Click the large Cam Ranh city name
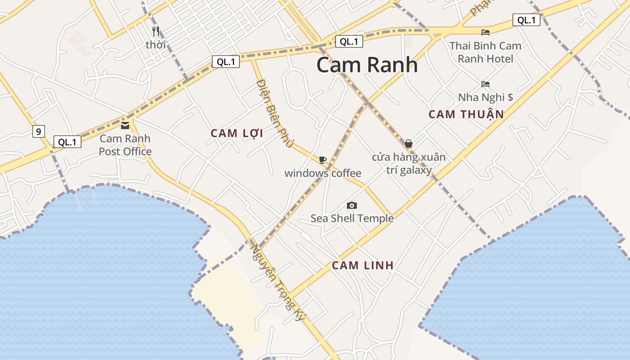point(367,65)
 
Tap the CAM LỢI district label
point(237,133)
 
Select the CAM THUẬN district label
point(466,114)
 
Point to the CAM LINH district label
point(363,265)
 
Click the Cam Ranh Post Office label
point(125,145)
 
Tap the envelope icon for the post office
point(125,125)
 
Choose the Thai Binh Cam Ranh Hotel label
point(485,52)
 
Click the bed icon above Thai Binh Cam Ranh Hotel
point(485,32)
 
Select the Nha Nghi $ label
point(485,97)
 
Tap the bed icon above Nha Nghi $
point(485,84)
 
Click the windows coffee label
point(323,173)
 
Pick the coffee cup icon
point(322,160)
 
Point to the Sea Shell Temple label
point(352,219)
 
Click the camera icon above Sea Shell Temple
point(352,205)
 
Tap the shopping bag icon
point(408,144)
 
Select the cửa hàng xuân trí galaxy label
point(409,163)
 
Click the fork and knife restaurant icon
point(156,31)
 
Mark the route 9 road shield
point(39,131)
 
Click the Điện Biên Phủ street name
point(274,114)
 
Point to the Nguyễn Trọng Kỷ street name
point(278,283)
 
